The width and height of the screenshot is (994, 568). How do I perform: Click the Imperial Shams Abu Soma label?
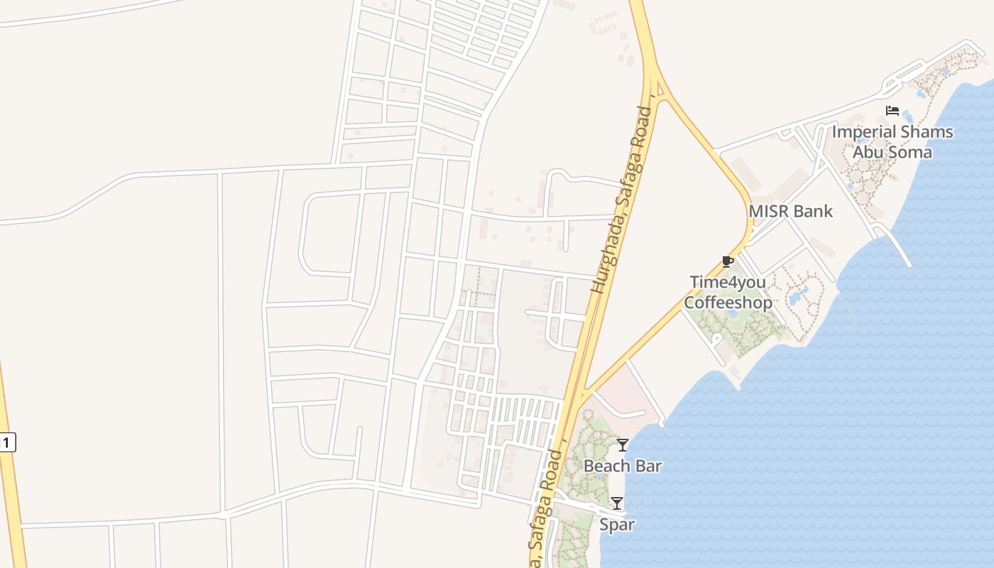point(892,142)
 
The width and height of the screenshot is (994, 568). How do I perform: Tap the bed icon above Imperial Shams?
point(892,111)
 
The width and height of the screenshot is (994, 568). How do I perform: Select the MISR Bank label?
point(791,212)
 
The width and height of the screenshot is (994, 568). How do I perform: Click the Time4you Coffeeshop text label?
point(728,293)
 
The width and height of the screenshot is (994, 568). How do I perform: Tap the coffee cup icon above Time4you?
point(727,261)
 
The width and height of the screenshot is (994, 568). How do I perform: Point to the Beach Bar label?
point(623,466)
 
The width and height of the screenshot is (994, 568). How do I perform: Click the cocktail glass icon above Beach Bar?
point(623,445)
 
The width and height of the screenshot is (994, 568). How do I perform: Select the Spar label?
point(617,525)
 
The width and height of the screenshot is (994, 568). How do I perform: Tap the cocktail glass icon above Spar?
point(617,503)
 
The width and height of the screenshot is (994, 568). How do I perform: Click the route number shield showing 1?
point(6,442)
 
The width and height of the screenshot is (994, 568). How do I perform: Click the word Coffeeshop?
point(728,303)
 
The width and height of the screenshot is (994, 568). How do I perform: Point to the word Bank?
point(814,212)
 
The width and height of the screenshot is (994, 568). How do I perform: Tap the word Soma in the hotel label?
point(912,152)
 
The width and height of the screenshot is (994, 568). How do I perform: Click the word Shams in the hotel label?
point(927,132)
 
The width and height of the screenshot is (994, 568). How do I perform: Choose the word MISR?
point(770,212)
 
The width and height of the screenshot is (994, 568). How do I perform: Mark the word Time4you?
point(728,283)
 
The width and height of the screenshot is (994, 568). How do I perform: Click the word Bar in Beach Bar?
point(648,466)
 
